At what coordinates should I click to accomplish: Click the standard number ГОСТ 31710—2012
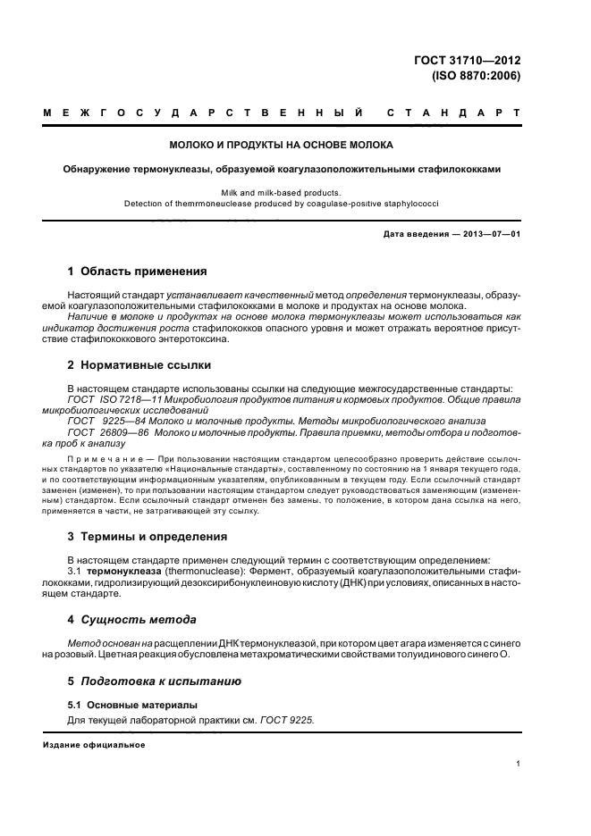[468, 61]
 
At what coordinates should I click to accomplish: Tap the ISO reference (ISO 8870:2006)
[476, 76]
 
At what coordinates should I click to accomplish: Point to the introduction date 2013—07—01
[491, 234]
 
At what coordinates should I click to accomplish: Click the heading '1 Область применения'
[138, 271]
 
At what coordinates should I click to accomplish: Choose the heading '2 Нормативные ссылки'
[140, 365]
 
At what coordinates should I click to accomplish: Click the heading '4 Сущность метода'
[132, 619]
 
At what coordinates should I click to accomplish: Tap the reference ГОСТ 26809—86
[108, 431]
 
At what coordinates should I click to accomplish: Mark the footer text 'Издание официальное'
[94, 745]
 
